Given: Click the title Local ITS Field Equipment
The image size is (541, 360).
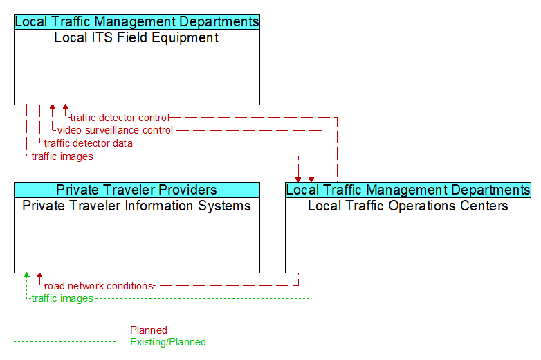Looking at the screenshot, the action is point(136,37).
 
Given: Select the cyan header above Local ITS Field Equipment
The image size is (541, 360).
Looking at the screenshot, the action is point(137,21).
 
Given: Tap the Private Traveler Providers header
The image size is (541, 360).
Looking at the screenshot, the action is point(137,190).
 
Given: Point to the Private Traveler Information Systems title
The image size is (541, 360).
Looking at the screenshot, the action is point(136,206).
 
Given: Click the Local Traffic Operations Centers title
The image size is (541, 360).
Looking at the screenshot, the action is point(407,206).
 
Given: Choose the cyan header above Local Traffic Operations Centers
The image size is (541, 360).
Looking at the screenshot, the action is point(408,190).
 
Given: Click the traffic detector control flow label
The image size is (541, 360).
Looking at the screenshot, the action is point(120,118).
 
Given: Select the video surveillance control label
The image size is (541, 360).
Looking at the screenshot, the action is point(115,130).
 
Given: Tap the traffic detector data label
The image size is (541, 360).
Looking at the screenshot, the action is point(89,143).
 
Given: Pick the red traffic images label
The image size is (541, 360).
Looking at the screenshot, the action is point(62,156).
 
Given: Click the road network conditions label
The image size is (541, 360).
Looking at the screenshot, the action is point(99,286).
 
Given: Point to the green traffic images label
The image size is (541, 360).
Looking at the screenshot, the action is point(62,298).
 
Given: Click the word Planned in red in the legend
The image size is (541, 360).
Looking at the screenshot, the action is point(149,330).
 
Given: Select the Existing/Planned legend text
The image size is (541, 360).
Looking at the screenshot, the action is point(168,342).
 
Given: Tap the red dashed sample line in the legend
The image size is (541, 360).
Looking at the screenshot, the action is point(65,330).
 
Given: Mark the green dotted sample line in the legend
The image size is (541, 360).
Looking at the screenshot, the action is point(65,342).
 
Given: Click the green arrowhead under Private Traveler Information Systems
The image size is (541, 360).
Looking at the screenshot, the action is point(26,275).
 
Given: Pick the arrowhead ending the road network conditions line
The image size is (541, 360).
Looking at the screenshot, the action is point(39,275).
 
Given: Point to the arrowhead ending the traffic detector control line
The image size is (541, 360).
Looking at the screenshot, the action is point(66,107).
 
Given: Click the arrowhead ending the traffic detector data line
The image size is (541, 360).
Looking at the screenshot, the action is point(311,180).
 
